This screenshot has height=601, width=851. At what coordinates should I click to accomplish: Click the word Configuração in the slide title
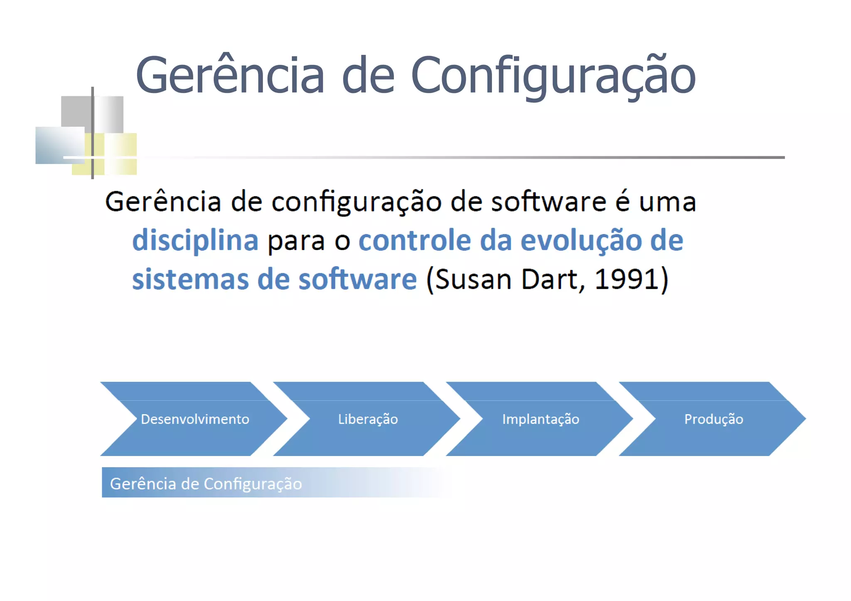tap(553, 76)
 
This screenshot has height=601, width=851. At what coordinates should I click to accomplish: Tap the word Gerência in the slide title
tap(230, 76)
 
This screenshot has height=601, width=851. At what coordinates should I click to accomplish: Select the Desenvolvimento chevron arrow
tap(194, 419)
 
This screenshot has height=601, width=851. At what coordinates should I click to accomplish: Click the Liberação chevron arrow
tap(367, 419)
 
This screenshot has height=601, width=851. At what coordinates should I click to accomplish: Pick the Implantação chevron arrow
tap(540, 419)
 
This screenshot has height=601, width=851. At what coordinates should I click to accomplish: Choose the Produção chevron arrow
tap(713, 419)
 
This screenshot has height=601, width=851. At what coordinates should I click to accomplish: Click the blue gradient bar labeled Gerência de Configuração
tap(249, 483)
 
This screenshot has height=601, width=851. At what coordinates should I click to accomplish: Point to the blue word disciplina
tap(195, 240)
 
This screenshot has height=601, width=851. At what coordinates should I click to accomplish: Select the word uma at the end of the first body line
tap(667, 202)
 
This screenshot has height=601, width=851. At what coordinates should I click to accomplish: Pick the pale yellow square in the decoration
tap(121, 145)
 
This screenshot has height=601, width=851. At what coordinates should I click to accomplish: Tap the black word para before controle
tap(296, 240)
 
